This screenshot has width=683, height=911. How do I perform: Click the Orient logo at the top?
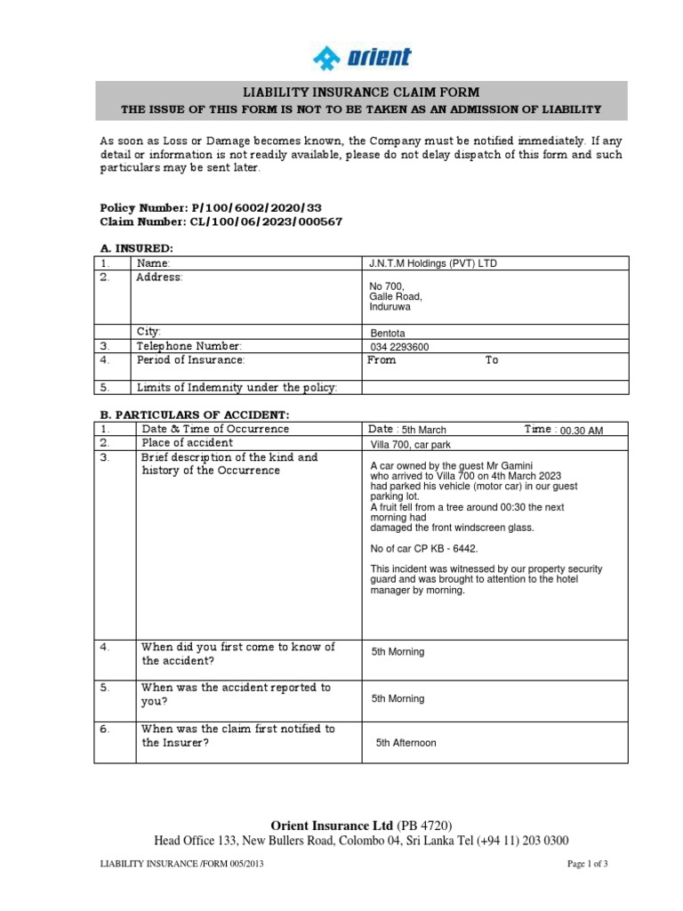pyautogui.click(x=361, y=58)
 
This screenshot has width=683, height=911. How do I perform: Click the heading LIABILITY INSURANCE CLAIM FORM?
pyautogui.click(x=361, y=93)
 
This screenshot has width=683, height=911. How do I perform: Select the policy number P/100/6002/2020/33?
pyautogui.click(x=222, y=207)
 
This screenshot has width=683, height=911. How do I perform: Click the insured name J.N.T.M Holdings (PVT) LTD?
pyautogui.click(x=438, y=264)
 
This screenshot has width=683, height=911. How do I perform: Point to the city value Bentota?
pyautogui.click(x=388, y=334)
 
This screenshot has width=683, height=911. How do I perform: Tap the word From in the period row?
pyautogui.click(x=382, y=360)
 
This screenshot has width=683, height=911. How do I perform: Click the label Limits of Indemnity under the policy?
pyautogui.click(x=236, y=387)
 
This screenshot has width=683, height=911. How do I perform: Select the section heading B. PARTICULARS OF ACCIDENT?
pyautogui.click(x=190, y=415)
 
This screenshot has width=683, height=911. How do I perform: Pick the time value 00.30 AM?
pyautogui.click(x=581, y=431)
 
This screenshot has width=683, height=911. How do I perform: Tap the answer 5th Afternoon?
pyautogui.click(x=406, y=742)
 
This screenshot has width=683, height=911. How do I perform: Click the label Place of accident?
pyautogui.click(x=188, y=443)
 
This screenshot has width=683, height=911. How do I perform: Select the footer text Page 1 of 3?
pyautogui.click(x=587, y=864)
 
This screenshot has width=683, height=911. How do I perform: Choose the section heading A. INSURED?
pyautogui.click(x=136, y=249)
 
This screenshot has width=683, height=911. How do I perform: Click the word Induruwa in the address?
pyautogui.click(x=392, y=307)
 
